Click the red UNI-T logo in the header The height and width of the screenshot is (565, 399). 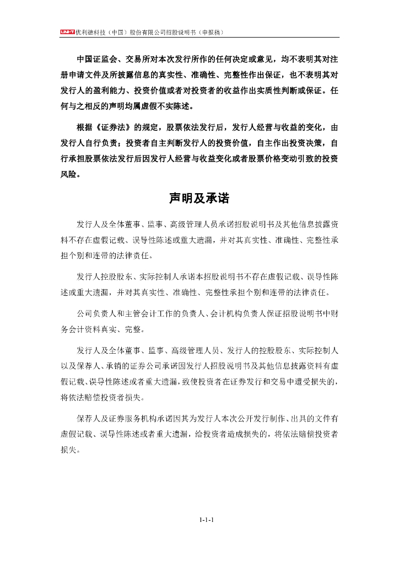click(67, 33)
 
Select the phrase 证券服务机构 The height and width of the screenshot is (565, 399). click(132, 418)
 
